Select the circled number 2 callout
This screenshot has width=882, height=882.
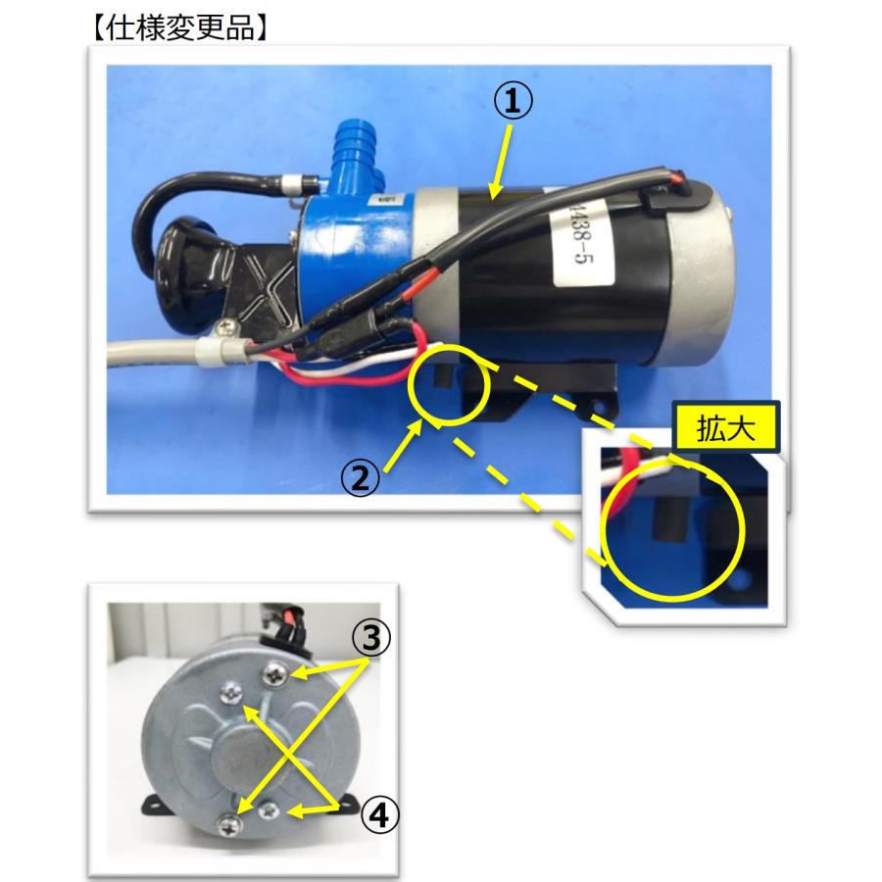pos(360,478)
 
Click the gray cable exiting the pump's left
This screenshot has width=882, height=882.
pos(147,355)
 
